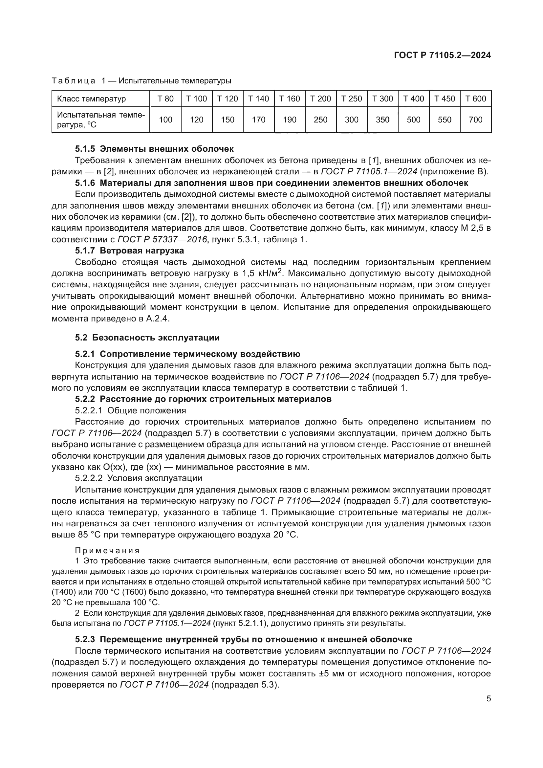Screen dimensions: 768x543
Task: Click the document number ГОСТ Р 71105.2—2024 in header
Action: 442,55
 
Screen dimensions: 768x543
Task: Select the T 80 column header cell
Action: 165,99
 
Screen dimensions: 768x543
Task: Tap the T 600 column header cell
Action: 475,99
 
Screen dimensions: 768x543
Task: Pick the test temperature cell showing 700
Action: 475,120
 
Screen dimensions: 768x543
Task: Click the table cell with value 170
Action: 258,120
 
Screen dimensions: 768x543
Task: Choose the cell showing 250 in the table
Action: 320,120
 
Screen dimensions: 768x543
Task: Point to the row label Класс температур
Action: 91,99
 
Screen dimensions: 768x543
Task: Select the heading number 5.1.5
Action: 85,149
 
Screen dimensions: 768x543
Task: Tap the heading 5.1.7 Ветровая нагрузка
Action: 129,251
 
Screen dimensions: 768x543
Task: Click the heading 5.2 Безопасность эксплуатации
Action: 147,338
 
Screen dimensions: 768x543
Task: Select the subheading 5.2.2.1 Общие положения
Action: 130,410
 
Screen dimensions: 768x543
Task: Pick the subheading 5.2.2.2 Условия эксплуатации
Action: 139,478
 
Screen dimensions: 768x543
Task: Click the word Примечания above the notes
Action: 107,551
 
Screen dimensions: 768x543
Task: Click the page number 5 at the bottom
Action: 489,698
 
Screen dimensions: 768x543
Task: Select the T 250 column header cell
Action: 351,99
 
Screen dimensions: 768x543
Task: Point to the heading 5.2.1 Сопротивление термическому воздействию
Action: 187,354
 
